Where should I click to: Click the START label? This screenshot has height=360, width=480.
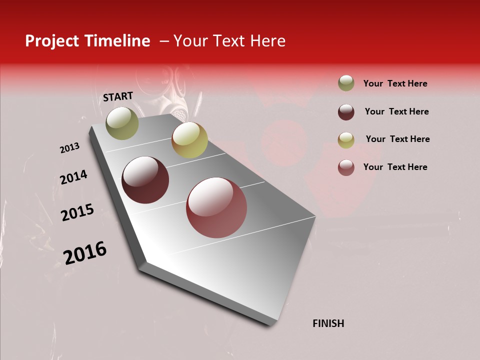[x=118, y=96]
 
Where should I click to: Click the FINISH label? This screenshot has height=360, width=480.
[x=328, y=323]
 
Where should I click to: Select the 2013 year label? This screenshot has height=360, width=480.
[x=70, y=148]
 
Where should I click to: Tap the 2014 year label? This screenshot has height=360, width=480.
[x=73, y=177]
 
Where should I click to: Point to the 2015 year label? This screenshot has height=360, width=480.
[x=77, y=212]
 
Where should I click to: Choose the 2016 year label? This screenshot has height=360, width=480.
[x=85, y=252]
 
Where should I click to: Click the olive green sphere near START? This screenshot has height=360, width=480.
[x=122, y=123]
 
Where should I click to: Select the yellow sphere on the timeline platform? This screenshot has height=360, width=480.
[x=189, y=139]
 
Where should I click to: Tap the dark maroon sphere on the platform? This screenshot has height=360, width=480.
[x=145, y=180]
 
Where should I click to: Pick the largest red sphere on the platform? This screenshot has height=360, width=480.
[x=216, y=207]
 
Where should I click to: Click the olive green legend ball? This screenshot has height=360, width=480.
[x=346, y=83]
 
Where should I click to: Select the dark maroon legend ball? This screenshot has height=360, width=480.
[x=346, y=111]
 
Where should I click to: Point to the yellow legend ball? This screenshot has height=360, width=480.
[x=346, y=139]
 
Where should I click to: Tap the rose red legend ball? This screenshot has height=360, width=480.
[x=346, y=167]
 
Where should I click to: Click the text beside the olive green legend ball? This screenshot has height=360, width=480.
[x=395, y=83]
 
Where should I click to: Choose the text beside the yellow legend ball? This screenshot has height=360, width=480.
[x=397, y=139]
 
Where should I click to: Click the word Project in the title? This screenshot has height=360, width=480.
[x=52, y=41]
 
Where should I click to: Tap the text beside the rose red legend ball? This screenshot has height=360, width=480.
[x=395, y=167]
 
